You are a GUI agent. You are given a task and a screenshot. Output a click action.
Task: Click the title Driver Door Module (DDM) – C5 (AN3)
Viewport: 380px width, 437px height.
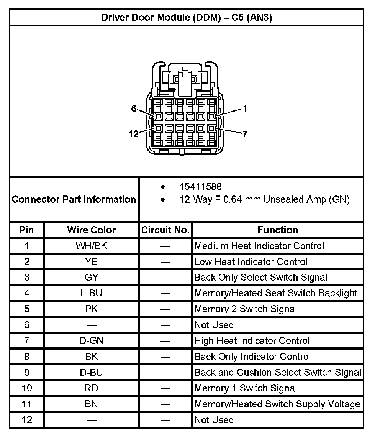187,18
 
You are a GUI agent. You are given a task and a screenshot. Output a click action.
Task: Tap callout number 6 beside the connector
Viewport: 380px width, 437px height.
134,108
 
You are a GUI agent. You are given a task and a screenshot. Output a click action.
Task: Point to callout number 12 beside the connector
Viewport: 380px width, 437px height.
134,134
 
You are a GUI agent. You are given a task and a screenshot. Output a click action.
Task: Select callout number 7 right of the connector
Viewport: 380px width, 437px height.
245,134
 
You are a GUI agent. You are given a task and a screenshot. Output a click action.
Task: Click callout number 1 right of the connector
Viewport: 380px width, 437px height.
245,108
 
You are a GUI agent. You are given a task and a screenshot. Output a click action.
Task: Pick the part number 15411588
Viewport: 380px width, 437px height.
200,187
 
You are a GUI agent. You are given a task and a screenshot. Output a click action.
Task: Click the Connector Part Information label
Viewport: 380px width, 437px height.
74,199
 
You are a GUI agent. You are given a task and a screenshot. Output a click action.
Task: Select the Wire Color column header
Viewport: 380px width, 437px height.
92,230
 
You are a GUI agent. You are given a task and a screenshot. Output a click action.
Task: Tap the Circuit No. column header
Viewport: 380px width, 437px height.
165,230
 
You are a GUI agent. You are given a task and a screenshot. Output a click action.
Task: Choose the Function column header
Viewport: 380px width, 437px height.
278,230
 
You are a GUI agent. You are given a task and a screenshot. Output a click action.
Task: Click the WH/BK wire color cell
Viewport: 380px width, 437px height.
92,246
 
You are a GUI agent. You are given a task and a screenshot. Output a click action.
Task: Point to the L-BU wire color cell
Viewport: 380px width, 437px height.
92,293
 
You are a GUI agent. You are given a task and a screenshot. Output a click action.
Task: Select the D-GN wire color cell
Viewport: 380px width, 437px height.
92,340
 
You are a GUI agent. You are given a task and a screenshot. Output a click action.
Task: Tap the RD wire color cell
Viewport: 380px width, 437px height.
92,388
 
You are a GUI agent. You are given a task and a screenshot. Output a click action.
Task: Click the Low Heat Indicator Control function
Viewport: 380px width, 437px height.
251,262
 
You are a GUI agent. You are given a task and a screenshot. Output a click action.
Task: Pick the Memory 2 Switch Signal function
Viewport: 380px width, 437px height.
246,309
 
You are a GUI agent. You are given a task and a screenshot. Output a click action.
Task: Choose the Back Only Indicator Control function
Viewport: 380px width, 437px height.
252,356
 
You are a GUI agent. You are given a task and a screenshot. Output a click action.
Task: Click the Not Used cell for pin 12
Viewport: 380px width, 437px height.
214,420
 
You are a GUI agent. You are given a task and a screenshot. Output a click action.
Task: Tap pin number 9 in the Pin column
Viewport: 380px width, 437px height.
27,372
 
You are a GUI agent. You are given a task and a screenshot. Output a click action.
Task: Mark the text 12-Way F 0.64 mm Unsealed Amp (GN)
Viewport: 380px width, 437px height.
265,200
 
